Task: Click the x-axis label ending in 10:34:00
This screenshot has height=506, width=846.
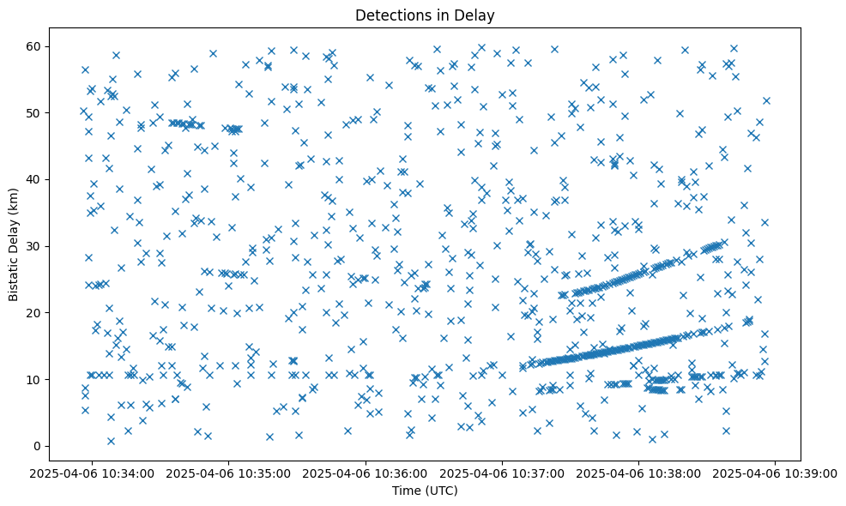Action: point(93,473)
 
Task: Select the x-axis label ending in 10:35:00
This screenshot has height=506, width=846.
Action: point(229,473)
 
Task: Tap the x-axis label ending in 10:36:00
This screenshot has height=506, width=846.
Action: point(366,473)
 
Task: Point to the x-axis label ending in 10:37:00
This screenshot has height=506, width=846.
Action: point(503,473)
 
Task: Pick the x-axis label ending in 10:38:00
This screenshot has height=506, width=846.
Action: point(639,473)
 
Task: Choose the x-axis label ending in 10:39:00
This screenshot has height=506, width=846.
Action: point(776,473)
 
